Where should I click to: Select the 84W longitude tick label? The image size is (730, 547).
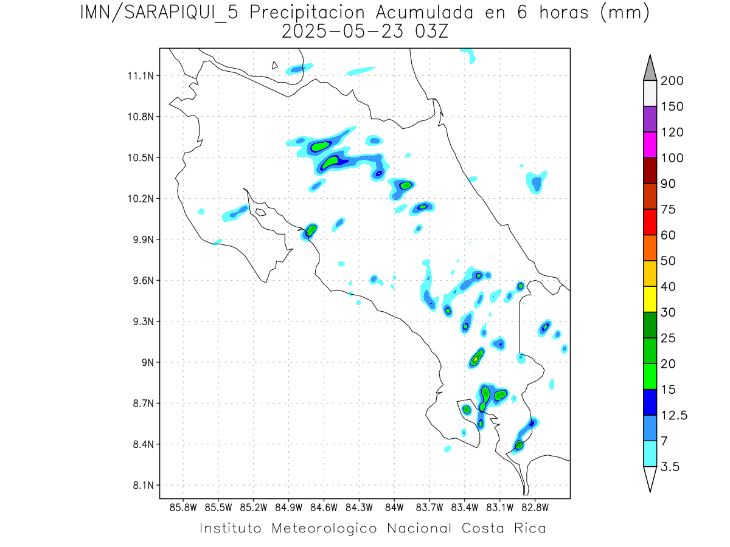[x=394, y=507]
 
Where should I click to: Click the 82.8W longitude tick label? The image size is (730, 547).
[x=535, y=507]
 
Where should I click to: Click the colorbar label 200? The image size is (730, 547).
[x=672, y=81]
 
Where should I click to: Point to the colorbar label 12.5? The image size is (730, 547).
[x=674, y=415]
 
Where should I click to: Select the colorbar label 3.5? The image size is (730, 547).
[x=670, y=467]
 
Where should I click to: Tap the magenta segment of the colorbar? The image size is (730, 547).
[x=650, y=145]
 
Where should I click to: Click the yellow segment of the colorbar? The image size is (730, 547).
[x=650, y=299]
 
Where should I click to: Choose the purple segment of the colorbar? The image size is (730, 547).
[x=650, y=119]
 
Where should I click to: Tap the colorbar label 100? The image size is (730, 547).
[x=672, y=158]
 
